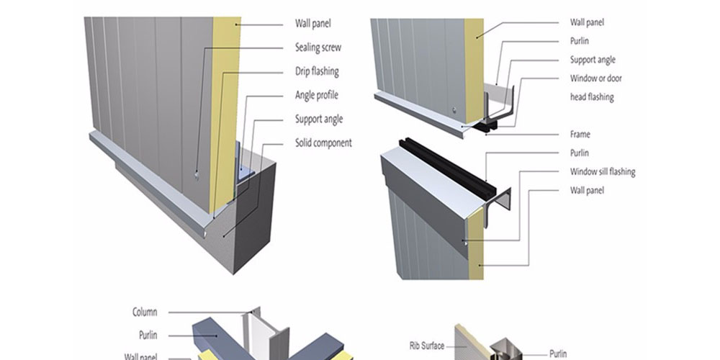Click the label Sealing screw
pos(318,48)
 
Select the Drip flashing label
pos(316,72)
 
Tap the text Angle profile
pos(316,96)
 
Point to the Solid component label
pos(323,143)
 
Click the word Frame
pos(580,135)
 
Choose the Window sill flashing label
pos(602,172)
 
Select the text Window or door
pos(595,78)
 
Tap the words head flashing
pos(592,97)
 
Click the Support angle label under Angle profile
pos(318,120)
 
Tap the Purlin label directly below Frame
pos(579,153)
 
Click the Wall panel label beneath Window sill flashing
pos(587,191)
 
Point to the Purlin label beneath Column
pos(148,336)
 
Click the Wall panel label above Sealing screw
pos(313,23)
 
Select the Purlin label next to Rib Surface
pos(558,354)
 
